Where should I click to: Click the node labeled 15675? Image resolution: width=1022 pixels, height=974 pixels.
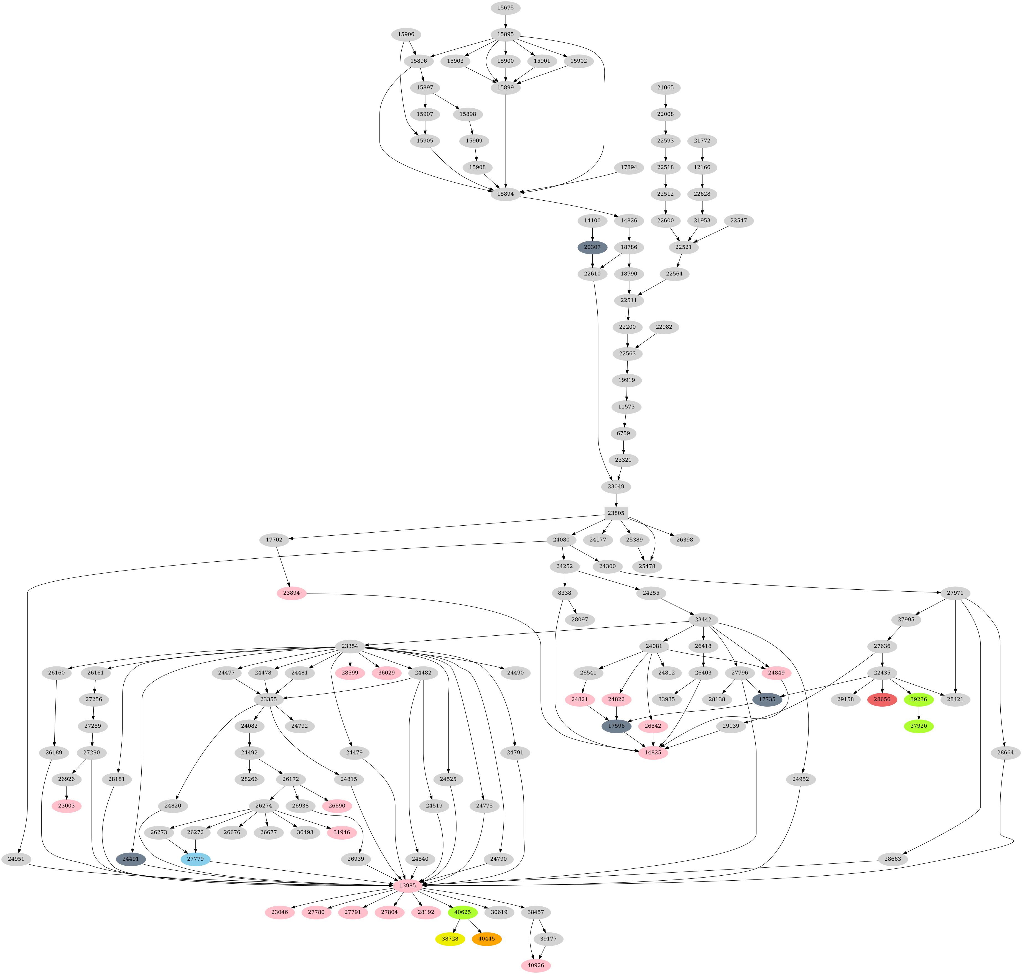pos(505,8)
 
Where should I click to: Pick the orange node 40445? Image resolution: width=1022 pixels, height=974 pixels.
pos(486,939)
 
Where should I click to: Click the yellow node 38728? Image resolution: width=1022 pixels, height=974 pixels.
pos(450,939)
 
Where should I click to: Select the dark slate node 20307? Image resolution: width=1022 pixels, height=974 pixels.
pos(592,247)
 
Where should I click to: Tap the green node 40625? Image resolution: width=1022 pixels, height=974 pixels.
pos(462,912)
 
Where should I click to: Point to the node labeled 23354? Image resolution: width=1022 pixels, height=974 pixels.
pos(350,646)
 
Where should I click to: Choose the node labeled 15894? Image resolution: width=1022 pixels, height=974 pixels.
pos(505,194)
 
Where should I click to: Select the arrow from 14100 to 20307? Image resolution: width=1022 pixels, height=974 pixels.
pos(592,234)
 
